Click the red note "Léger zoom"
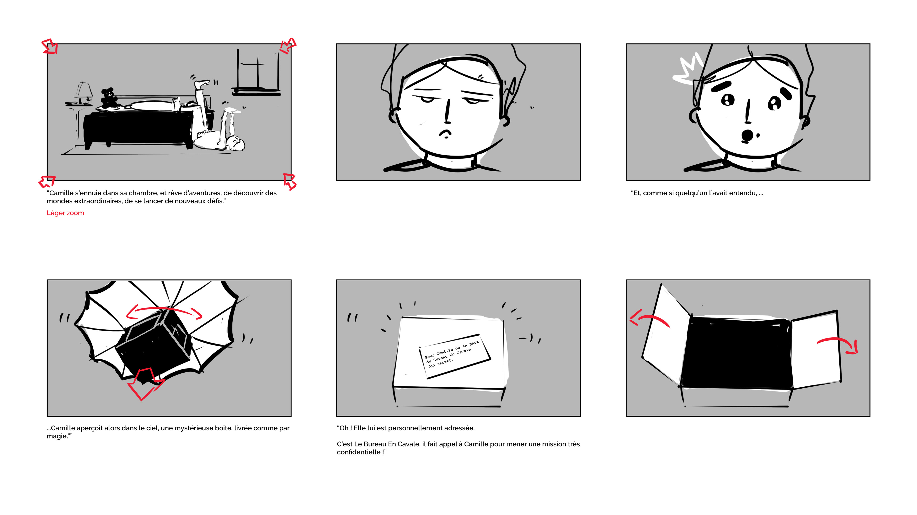click(65, 213)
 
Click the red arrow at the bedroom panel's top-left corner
click(50, 47)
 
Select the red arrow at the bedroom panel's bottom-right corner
click(289, 181)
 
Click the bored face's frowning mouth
click(445, 134)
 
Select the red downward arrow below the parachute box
click(144, 383)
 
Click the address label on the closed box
click(455, 356)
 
